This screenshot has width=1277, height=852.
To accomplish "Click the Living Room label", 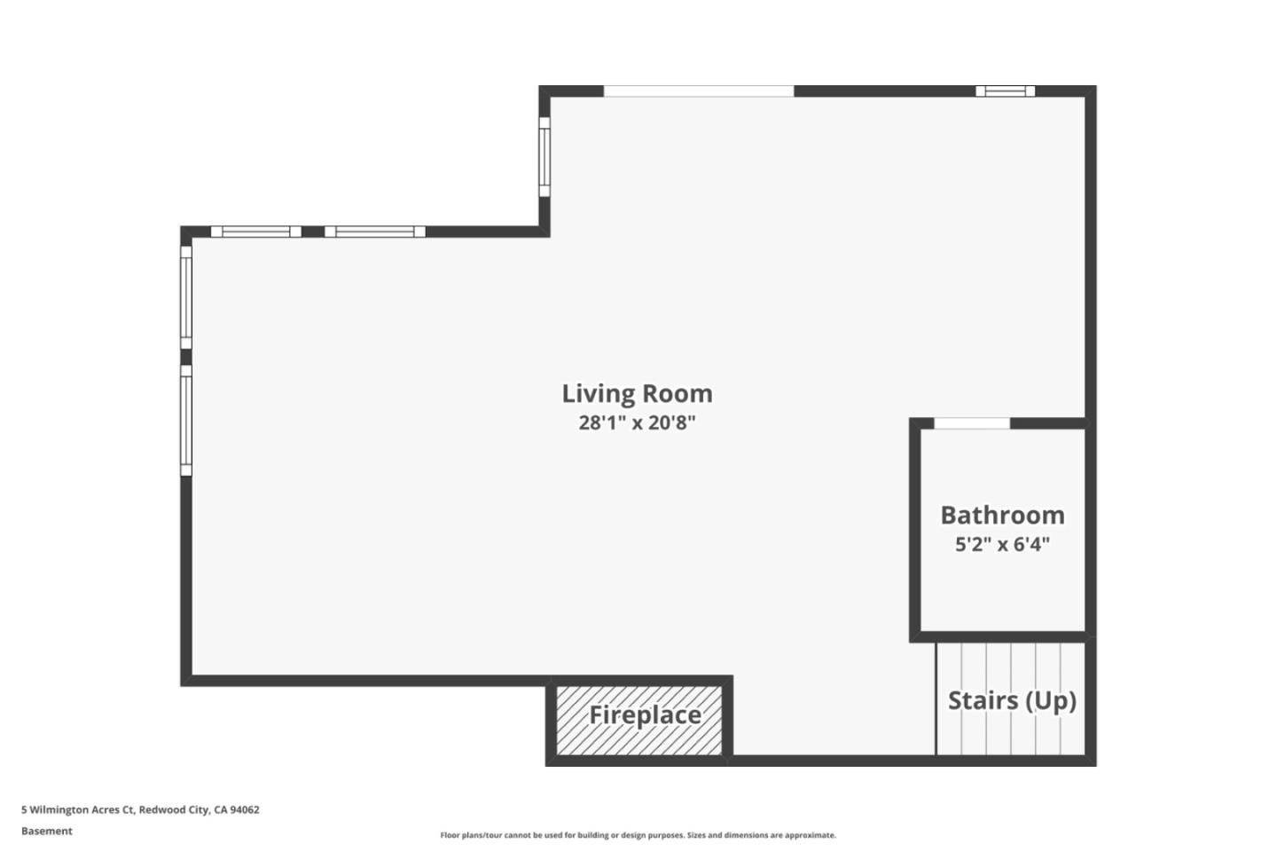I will [637, 393].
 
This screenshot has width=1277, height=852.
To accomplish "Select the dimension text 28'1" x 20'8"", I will [637, 422].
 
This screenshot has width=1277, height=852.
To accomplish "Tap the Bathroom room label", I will [1002, 515].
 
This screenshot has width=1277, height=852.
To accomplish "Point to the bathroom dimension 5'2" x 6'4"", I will [1002, 544].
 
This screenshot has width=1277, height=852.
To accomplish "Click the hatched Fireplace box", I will [638, 720].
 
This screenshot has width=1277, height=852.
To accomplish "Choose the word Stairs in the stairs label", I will [983, 700].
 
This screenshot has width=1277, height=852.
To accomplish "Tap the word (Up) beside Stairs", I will [1051, 700].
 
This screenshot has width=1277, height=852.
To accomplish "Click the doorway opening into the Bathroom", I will [972, 423].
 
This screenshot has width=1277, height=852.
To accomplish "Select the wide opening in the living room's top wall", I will [699, 91].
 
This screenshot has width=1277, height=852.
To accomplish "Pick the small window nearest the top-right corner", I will [1005, 91].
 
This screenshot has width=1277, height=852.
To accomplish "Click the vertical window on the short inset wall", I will [544, 158].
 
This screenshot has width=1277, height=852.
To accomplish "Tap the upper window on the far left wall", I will [186, 296].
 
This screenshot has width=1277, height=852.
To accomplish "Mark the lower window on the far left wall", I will [186, 421].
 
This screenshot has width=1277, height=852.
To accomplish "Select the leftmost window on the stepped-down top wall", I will [255, 232].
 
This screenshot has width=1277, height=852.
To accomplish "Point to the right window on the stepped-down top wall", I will [374, 232].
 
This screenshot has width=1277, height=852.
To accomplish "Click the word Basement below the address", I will [47, 832].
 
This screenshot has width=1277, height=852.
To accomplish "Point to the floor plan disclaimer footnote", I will [638, 835].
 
